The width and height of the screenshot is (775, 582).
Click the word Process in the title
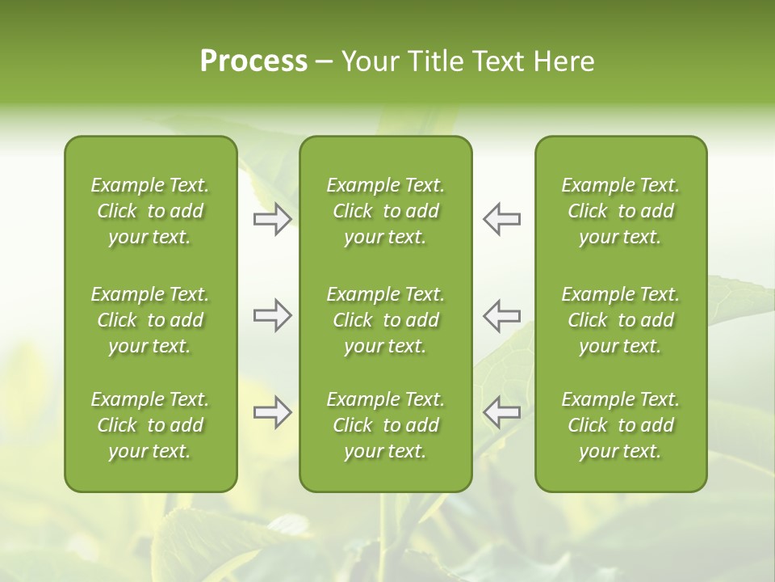[x=253, y=61]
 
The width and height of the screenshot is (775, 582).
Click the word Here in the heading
[x=564, y=61]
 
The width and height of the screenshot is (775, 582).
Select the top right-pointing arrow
[x=272, y=219]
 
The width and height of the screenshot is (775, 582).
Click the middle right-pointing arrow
[x=272, y=315]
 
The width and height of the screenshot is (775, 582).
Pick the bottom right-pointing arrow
[x=272, y=412]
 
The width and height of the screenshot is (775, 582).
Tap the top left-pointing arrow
[x=501, y=219]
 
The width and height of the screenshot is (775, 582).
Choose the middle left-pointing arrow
[x=501, y=315]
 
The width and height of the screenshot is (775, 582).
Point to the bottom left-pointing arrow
[x=501, y=412]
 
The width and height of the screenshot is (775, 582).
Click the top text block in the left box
[x=150, y=211]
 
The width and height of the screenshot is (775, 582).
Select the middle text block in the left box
[x=150, y=320]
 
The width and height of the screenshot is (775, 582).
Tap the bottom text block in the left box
[x=150, y=425]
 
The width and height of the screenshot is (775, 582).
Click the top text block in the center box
[x=385, y=211]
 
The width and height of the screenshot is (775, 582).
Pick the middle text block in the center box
[x=385, y=320]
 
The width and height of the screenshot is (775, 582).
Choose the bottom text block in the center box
[x=385, y=425]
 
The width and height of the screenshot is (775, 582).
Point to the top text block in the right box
[x=620, y=211]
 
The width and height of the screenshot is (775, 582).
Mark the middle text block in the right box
[x=620, y=320]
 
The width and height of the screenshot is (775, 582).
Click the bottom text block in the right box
[x=620, y=425]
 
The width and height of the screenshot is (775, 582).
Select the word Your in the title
[x=371, y=61]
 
